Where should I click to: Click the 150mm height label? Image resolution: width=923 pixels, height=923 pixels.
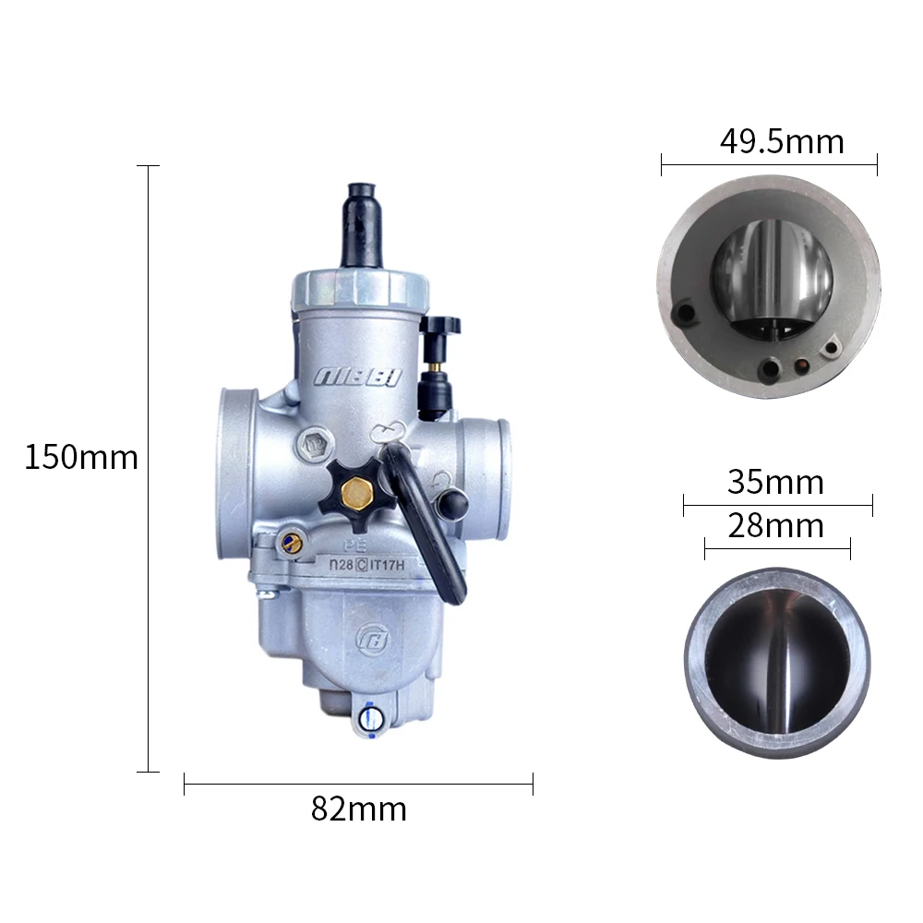coord(80,457)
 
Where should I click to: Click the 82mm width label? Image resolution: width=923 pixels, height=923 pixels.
coord(358,809)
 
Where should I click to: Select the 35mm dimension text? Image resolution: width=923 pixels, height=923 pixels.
coord(775,482)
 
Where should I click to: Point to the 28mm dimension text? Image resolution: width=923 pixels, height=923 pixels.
coord(775,526)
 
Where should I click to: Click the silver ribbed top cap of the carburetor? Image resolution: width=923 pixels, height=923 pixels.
coord(360,288)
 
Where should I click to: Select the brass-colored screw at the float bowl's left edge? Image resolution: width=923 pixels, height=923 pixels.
coord(292,543)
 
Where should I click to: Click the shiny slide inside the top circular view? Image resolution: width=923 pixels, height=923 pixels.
coord(773,272)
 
